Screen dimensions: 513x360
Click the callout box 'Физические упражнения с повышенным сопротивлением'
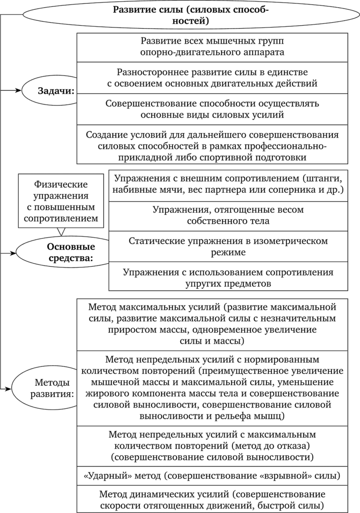coord(61,201)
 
